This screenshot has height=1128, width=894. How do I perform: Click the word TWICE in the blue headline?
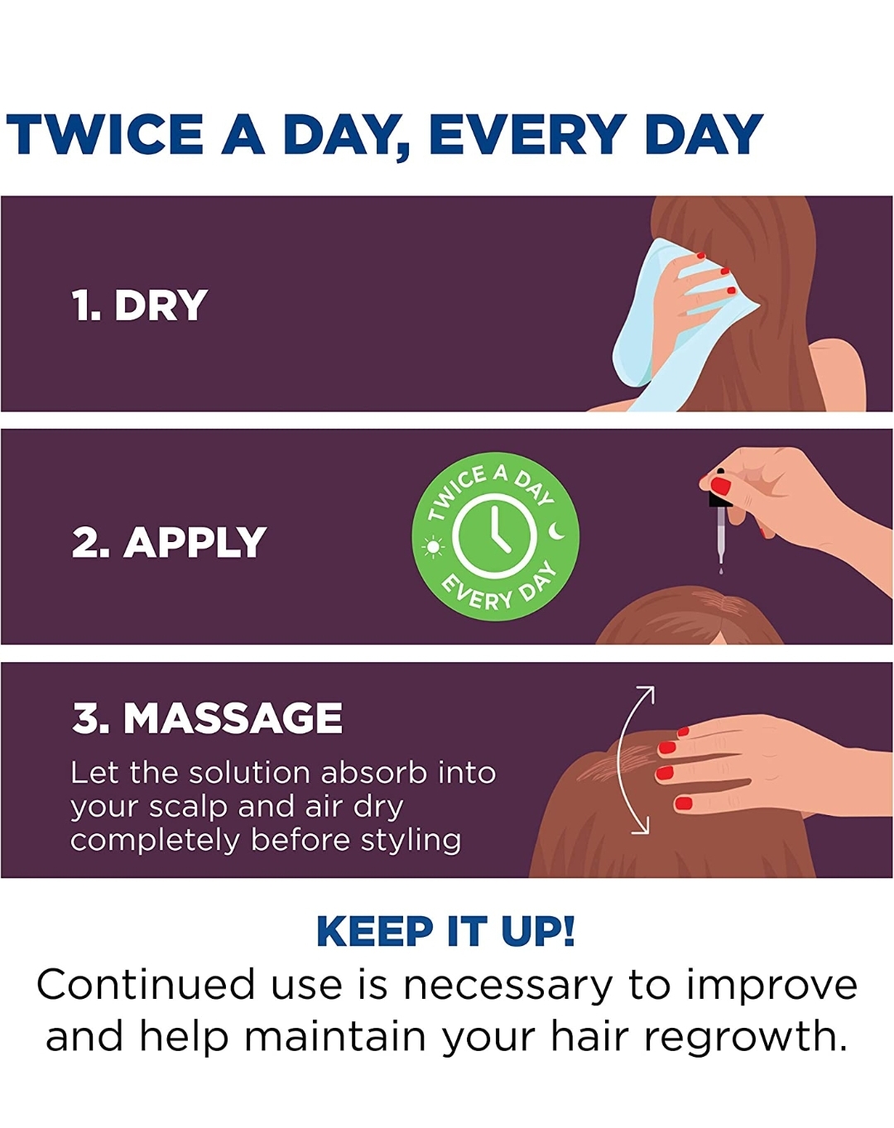click(x=105, y=134)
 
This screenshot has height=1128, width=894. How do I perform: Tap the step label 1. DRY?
click(x=139, y=305)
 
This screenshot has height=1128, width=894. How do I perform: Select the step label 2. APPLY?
click(x=169, y=542)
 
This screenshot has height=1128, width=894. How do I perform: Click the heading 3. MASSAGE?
click(x=207, y=718)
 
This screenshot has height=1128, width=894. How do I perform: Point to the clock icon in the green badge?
click(x=494, y=536)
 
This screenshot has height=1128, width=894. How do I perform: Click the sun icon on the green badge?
click(x=433, y=547)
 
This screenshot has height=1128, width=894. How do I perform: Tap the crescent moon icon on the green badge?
click(x=557, y=530)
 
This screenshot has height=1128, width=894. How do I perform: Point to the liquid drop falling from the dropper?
click(x=721, y=570)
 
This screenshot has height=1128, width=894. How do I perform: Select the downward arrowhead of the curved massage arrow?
click(x=642, y=826)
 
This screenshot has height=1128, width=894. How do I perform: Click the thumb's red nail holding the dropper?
click(x=721, y=486)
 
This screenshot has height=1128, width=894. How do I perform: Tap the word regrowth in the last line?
click(x=744, y=1037)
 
